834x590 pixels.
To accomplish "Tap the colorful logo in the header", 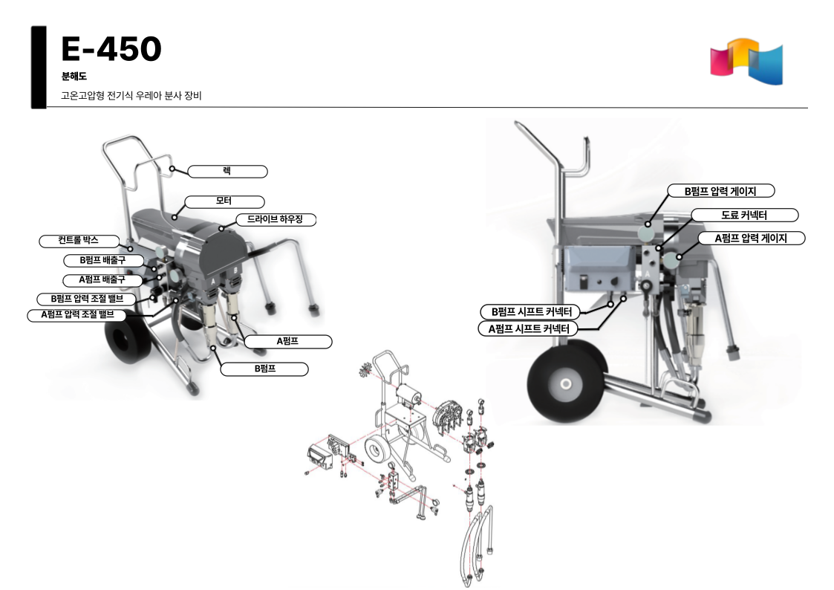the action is [x=746, y=61].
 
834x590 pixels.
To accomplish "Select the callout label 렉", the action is [x=227, y=172].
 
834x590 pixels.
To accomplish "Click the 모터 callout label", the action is [x=224, y=201].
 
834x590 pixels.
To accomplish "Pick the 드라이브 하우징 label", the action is [x=275, y=219].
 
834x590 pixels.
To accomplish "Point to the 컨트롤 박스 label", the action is [x=79, y=241].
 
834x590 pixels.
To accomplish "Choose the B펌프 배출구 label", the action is [x=103, y=260].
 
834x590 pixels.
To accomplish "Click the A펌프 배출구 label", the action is [x=102, y=280].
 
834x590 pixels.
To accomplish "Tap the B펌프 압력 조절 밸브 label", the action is [x=87, y=299].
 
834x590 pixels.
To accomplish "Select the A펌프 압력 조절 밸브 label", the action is [x=78, y=315].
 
